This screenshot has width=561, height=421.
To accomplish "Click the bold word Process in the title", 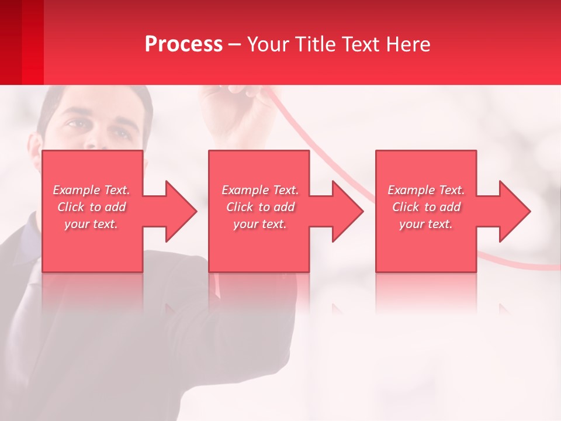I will click(x=183, y=44).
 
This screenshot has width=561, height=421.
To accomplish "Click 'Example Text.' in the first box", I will click(x=91, y=190).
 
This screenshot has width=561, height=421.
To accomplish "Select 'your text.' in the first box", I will click(x=91, y=224).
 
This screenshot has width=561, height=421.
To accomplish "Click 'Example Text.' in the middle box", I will click(x=260, y=190).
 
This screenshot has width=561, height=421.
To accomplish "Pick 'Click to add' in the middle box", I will click(x=260, y=207).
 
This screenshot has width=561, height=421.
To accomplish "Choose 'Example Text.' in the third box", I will click(x=426, y=190).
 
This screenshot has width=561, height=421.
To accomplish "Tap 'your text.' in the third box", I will click(x=426, y=224).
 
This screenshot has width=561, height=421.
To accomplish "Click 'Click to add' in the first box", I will click(x=91, y=207).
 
